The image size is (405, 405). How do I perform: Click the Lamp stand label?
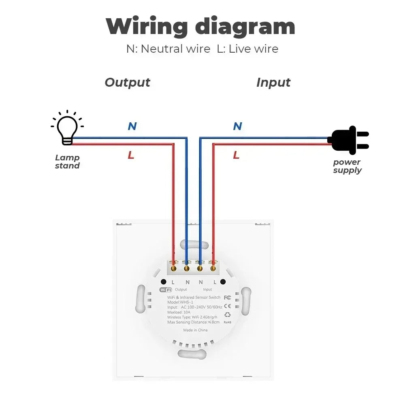[x=67, y=162]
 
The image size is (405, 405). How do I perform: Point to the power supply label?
[x=347, y=166]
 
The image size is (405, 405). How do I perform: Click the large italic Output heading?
[x=127, y=82]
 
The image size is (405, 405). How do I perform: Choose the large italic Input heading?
[x=273, y=82]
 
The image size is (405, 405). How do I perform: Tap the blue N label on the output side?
[x=132, y=126]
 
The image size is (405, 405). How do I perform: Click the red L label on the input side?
[x=236, y=155]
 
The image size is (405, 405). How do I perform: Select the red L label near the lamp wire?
[x=131, y=155]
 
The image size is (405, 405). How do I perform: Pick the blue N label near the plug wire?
[x=237, y=126]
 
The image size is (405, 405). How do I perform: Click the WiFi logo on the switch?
[x=166, y=290]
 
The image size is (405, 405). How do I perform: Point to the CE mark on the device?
[x=227, y=306]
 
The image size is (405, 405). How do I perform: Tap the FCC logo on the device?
[x=227, y=297]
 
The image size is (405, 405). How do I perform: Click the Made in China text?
[x=195, y=330]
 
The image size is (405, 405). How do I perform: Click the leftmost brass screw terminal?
[x=173, y=268]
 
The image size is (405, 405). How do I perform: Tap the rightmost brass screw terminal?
[x=213, y=268]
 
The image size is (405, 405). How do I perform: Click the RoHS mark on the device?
[x=228, y=322]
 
